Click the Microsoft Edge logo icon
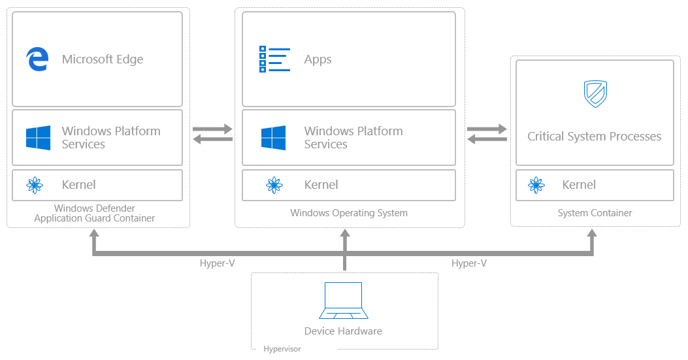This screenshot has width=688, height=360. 37,59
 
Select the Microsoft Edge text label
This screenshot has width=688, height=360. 103,59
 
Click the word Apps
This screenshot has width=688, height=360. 318,59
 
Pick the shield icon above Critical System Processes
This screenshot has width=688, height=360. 595,93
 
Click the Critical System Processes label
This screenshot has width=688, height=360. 595,137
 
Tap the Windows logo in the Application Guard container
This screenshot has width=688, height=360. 38,138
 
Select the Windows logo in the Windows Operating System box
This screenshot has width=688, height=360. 273,138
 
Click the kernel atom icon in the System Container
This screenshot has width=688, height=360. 536,186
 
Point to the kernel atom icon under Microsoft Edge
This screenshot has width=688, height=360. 35,186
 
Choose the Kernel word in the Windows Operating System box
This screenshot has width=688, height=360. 321,185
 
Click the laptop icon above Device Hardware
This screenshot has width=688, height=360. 344,300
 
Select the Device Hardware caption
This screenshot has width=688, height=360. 343,331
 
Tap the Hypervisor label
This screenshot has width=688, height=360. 282,350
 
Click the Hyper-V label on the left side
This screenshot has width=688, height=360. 217,263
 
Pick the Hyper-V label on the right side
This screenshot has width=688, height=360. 469,263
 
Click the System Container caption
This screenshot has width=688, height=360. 595,213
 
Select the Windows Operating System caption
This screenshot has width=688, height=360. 349,213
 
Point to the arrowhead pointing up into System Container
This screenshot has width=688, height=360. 593,233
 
